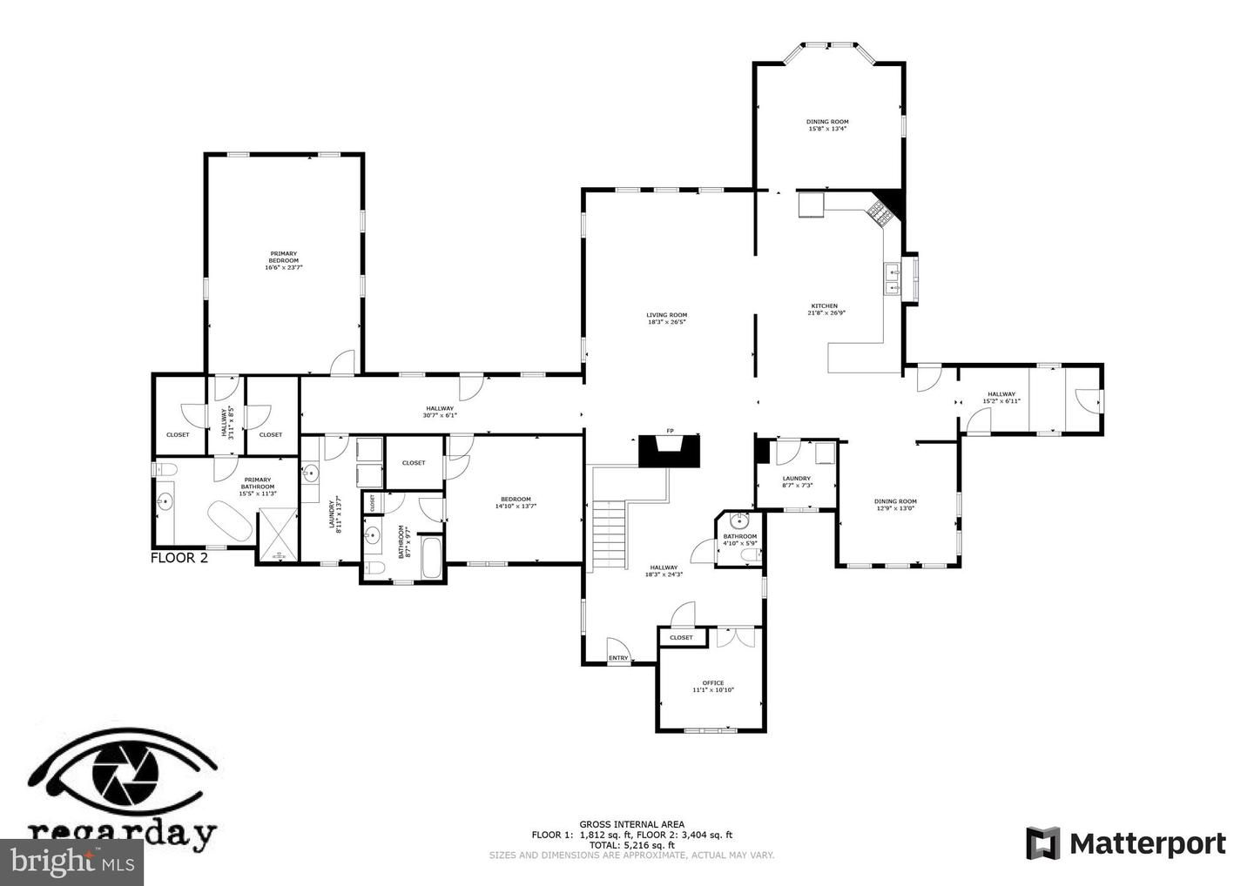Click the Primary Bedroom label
click(283, 260)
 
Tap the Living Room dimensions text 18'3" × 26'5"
click(667, 323)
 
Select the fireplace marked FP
click(669, 452)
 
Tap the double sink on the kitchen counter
click(893, 278)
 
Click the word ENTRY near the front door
click(618, 658)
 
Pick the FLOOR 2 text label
click(179, 559)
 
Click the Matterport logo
click(1126, 843)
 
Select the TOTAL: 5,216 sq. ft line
click(631, 845)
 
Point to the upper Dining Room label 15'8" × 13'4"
click(827, 125)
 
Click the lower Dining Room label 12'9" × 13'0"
click(895, 505)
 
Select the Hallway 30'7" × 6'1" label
click(440, 412)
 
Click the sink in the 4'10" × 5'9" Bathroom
click(739, 522)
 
